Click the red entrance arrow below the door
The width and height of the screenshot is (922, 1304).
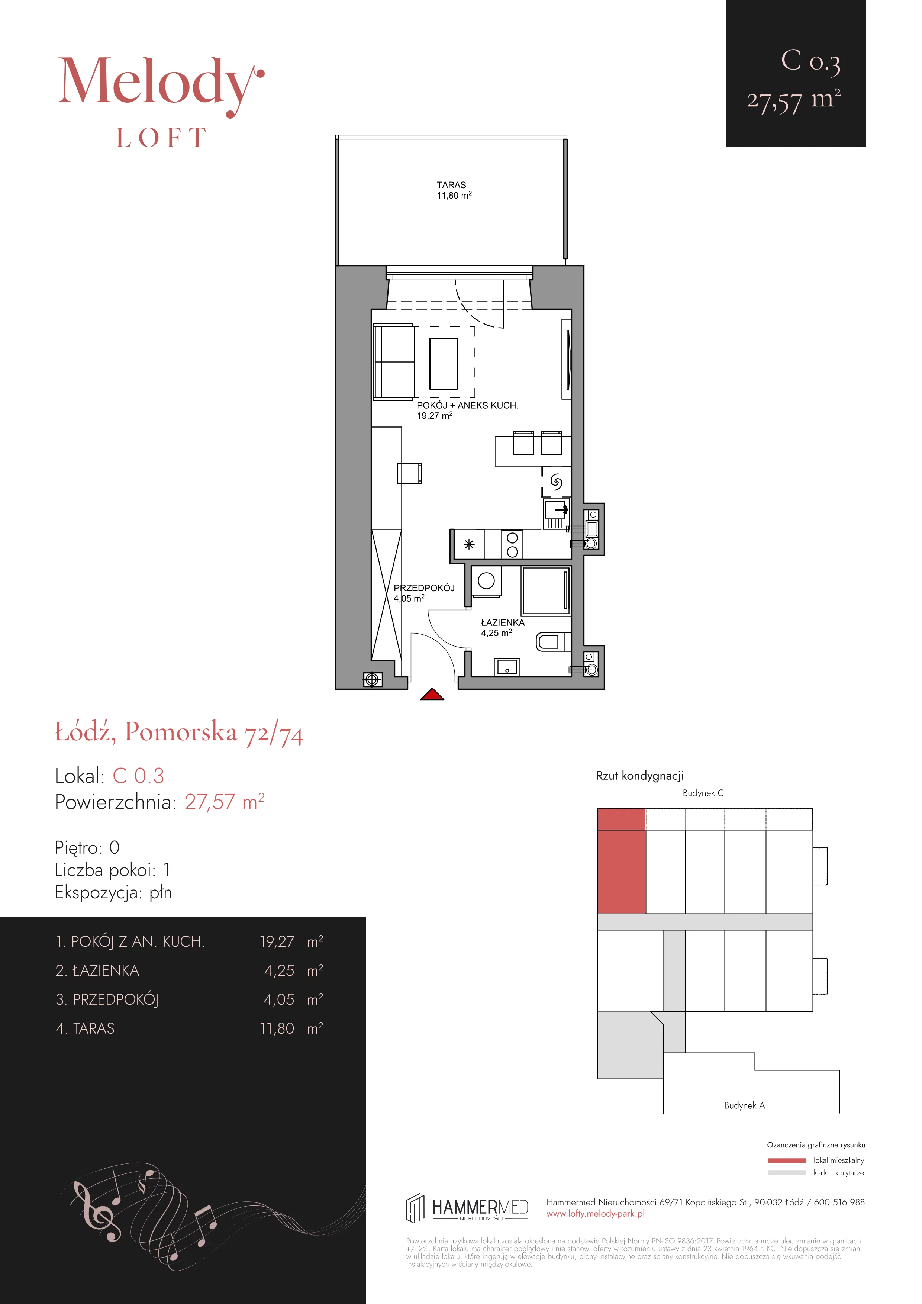(x=432, y=694)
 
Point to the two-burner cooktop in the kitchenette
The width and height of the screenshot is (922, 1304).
(x=512, y=544)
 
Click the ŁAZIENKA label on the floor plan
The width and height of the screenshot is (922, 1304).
(x=502, y=622)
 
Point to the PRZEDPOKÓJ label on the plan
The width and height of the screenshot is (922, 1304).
(x=425, y=588)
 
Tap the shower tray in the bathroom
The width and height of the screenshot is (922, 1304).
(x=546, y=591)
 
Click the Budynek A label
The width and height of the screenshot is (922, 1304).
(x=744, y=1105)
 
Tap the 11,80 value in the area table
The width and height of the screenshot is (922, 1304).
(x=277, y=1028)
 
